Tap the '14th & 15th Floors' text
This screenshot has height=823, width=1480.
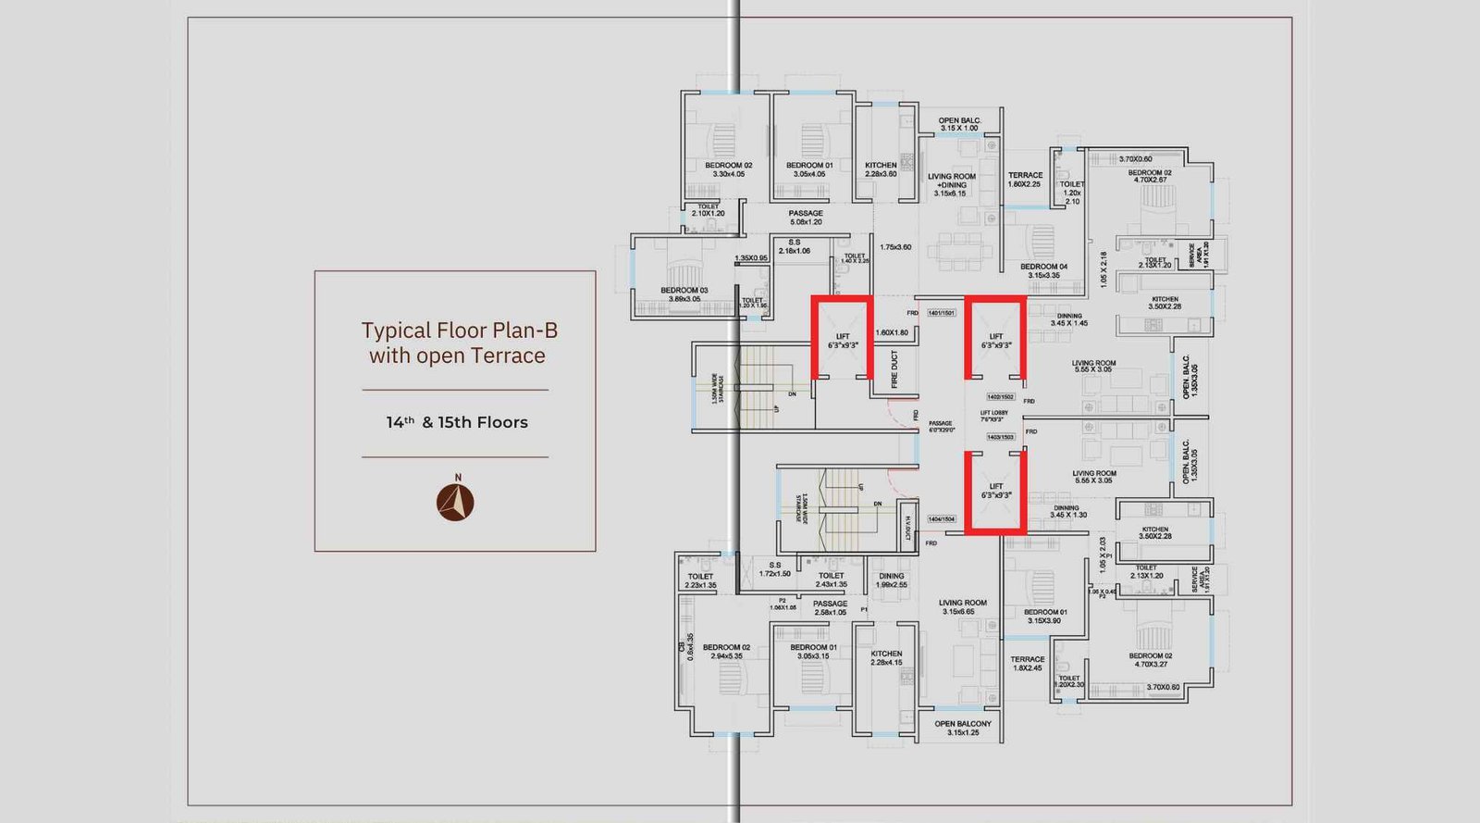(x=457, y=422)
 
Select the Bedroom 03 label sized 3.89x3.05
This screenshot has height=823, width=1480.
(x=684, y=294)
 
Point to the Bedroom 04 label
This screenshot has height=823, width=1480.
(x=1043, y=270)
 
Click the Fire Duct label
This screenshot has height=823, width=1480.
(x=894, y=369)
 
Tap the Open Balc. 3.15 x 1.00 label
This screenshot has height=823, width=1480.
(x=959, y=124)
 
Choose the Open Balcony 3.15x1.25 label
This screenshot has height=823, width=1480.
(x=963, y=728)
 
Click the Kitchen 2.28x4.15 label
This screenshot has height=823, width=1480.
(x=886, y=657)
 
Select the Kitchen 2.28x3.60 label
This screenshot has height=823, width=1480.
(x=881, y=169)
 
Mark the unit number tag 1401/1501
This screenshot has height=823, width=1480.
(x=941, y=313)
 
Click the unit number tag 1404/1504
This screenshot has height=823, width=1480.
(x=941, y=519)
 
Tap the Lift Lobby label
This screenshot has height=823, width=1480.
(x=993, y=416)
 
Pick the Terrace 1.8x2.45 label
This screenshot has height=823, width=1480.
(x=1027, y=664)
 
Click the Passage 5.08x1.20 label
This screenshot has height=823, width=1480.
(x=806, y=218)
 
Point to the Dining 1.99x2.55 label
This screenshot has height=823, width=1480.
(x=892, y=580)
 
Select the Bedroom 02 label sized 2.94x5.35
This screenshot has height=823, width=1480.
(x=726, y=652)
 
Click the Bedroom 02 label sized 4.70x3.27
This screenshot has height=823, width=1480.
(x=1150, y=659)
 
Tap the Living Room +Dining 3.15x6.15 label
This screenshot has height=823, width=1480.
(x=952, y=184)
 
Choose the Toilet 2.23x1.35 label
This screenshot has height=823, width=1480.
(x=700, y=580)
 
